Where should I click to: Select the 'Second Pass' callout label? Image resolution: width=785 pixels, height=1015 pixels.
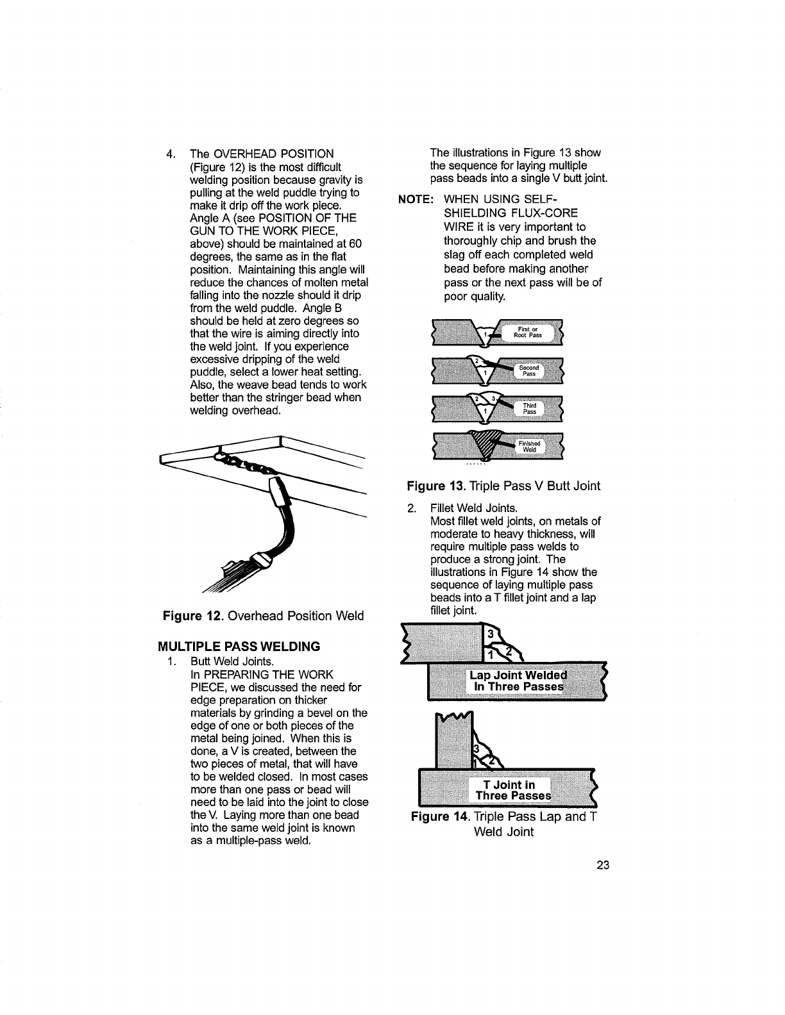click(x=528, y=371)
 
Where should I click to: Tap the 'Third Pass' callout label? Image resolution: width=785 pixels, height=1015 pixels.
click(x=529, y=408)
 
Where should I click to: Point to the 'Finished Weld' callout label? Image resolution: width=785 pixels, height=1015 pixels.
click(x=529, y=446)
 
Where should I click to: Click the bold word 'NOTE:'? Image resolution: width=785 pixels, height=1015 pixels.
click(x=416, y=199)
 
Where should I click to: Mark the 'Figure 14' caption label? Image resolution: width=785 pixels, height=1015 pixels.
click(x=434, y=816)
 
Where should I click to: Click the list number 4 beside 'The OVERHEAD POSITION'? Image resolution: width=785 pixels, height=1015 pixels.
click(x=170, y=154)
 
